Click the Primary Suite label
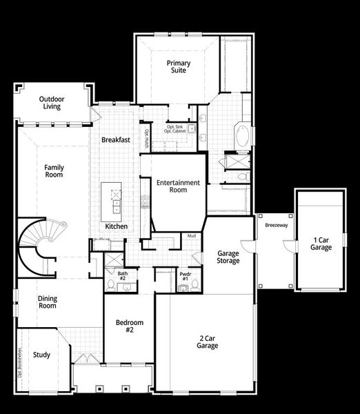(x=179, y=68)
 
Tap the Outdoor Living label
(x=52, y=102)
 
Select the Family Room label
(x=54, y=171)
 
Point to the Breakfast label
(x=116, y=140)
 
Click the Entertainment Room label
(x=178, y=186)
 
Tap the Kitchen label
(x=116, y=226)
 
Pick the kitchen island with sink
(x=112, y=199)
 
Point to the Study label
(x=41, y=355)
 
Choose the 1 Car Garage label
(x=321, y=243)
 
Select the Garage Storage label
(x=228, y=257)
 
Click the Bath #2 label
(x=122, y=276)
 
